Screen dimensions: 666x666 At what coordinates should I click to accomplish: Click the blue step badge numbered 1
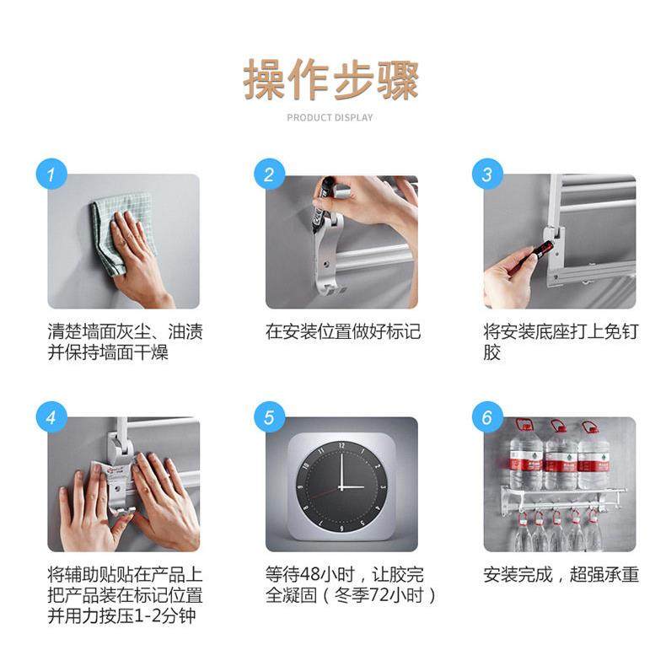[x=51, y=175]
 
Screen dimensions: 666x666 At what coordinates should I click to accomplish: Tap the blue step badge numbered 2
[x=269, y=175]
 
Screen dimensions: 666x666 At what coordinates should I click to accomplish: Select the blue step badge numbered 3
[x=486, y=175]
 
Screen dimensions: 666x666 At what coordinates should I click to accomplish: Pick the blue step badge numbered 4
[x=51, y=416]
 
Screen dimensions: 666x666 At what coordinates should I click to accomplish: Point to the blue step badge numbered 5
[x=269, y=416]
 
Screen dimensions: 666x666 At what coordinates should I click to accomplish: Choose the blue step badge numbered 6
[x=486, y=416]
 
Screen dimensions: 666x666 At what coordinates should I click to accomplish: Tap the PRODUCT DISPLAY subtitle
[x=330, y=117]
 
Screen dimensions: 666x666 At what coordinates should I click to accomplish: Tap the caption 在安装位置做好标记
[x=342, y=331]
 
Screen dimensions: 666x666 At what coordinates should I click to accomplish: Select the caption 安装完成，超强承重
[x=561, y=575]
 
